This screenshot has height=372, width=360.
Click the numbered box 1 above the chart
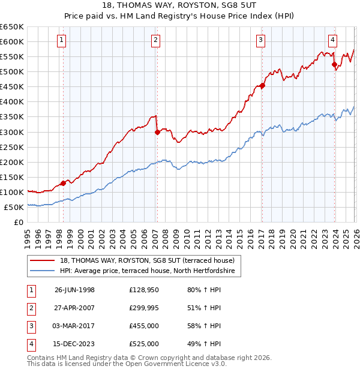[62, 40]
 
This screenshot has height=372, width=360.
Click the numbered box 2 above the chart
[155, 40]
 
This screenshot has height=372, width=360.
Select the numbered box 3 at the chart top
[261, 40]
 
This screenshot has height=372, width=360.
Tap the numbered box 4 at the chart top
[332, 40]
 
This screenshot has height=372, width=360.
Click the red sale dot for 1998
[63, 183]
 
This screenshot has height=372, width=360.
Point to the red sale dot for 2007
[157, 132]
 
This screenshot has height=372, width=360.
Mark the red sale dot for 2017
[262, 85]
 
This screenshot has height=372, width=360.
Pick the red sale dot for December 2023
[334, 64]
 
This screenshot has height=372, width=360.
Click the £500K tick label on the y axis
[12, 72]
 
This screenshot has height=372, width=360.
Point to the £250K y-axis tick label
[12, 147]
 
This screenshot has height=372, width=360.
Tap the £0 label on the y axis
[18, 222]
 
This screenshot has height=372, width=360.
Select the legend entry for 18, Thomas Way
[150, 260]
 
